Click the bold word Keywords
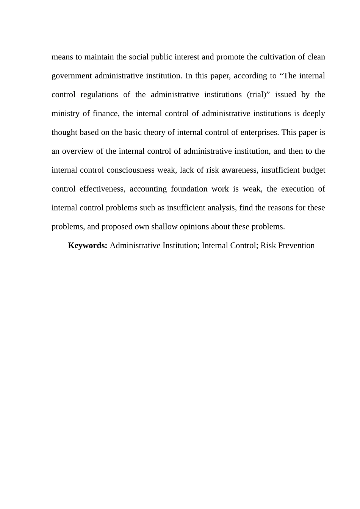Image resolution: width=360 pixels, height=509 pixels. pos(88,245)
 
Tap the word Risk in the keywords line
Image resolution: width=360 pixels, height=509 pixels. pos(268,245)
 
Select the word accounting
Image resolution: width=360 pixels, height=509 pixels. pos(148,189)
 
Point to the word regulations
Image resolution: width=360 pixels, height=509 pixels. pos(99,95)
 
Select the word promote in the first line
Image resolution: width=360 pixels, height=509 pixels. pos(230,57)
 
